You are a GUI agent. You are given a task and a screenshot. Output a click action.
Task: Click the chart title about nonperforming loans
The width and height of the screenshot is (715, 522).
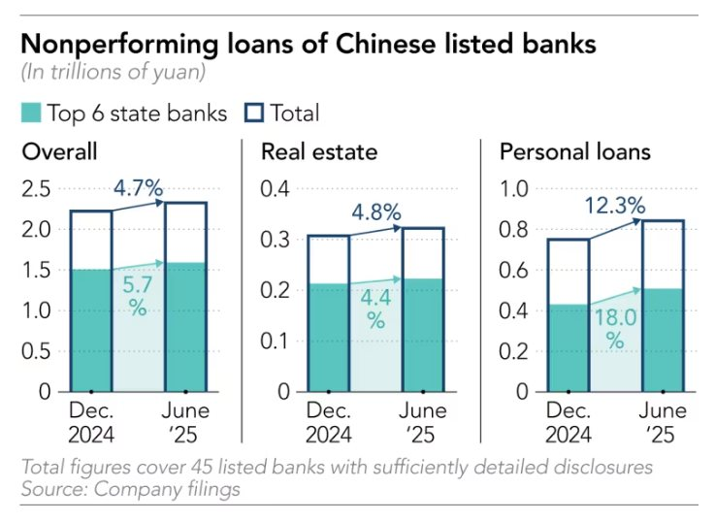309,44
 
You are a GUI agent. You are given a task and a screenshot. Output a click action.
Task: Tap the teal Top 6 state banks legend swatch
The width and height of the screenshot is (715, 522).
32,114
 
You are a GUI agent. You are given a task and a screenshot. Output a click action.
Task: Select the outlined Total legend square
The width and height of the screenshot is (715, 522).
252,114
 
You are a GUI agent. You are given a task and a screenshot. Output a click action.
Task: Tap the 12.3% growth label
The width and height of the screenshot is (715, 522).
615,206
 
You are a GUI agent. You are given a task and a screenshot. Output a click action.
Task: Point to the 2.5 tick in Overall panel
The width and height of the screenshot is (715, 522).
37,188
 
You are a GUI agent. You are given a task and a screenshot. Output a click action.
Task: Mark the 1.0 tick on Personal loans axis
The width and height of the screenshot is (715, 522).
514,188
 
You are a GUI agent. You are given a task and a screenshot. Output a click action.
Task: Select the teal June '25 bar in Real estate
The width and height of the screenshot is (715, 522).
423,335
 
